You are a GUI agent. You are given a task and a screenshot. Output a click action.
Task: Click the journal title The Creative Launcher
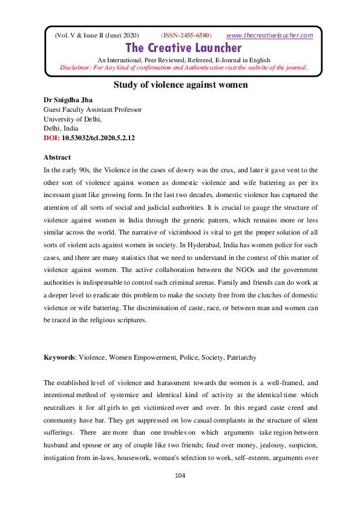(x=183, y=48)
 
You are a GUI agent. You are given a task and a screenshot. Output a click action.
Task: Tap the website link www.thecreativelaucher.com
(x=269, y=35)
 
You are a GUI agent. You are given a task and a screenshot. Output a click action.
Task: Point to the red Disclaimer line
(x=184, y=67)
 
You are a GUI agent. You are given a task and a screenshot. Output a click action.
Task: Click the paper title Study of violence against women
(x=180, y=85)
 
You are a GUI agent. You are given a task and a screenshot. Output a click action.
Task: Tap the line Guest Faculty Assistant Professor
(x=93, y=109)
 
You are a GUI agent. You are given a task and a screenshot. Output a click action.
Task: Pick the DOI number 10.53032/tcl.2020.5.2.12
(x=99, y=138)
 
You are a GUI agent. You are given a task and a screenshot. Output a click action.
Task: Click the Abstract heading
(x=57, y=157)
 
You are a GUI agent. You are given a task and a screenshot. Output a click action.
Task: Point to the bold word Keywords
(x=59, y=357)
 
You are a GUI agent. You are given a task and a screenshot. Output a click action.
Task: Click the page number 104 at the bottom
(x=179, y=476)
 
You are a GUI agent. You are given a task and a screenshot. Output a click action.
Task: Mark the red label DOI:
(x=52, y=138)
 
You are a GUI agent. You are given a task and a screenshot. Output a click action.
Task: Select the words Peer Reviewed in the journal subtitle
(x=159, y=60)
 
